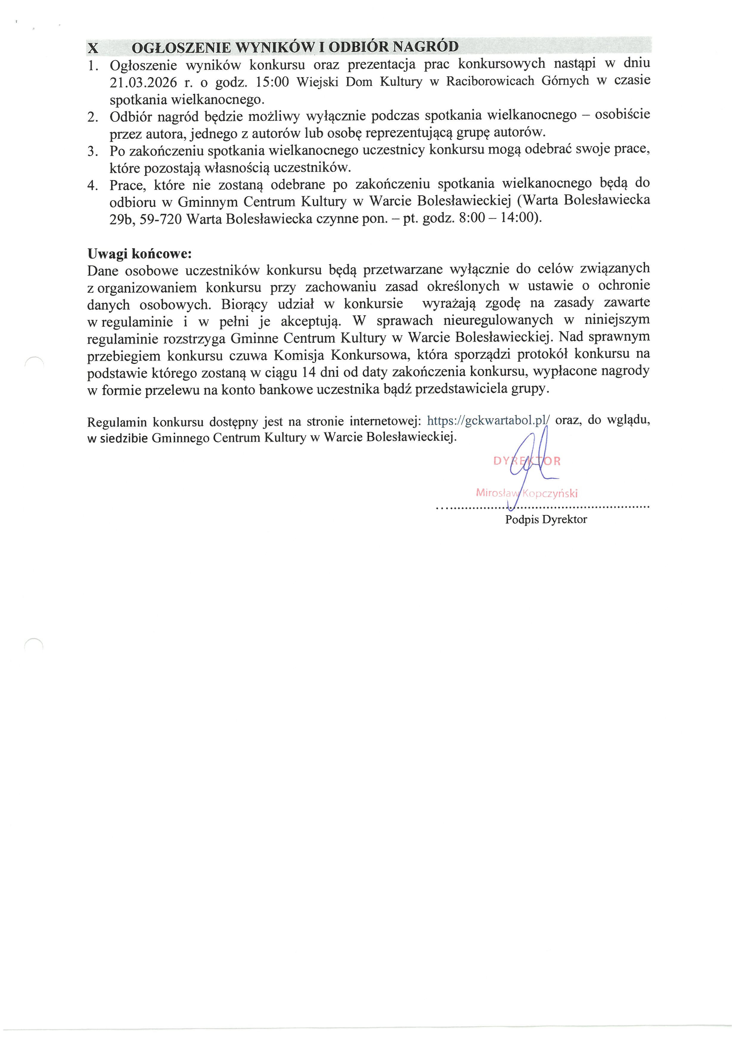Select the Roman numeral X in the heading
click(93, 48)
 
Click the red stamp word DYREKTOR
click(527, 461)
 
